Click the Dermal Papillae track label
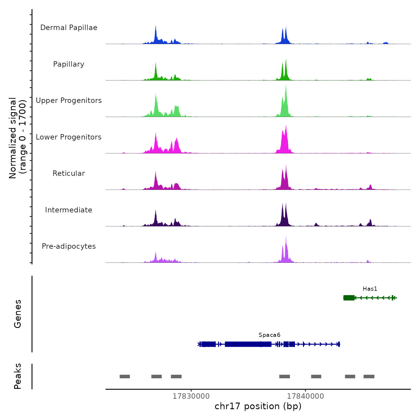click(x=69, y=28)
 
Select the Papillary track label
click(x=69, y=64)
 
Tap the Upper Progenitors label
click(x=69, y=100)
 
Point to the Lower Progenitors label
click(x=69, y=137)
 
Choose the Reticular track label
click(x=69, y=173)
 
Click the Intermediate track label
click(x=69, y=210)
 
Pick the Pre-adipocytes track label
click(x=69, y=246)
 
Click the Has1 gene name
click(x=370, y=289)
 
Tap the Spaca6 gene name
click(x=269, y=335)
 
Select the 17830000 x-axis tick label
click(x=191, y=396)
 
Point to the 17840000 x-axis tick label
click(x=305, y=396)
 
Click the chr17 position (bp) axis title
click(x=258, y=406)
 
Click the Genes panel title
click(x=18, y=314)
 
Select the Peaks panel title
click(x=18, y=376)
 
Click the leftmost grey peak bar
click(x=125, y=376)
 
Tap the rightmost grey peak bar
click(x=369, y=376)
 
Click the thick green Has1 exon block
click(x=349, y=298)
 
